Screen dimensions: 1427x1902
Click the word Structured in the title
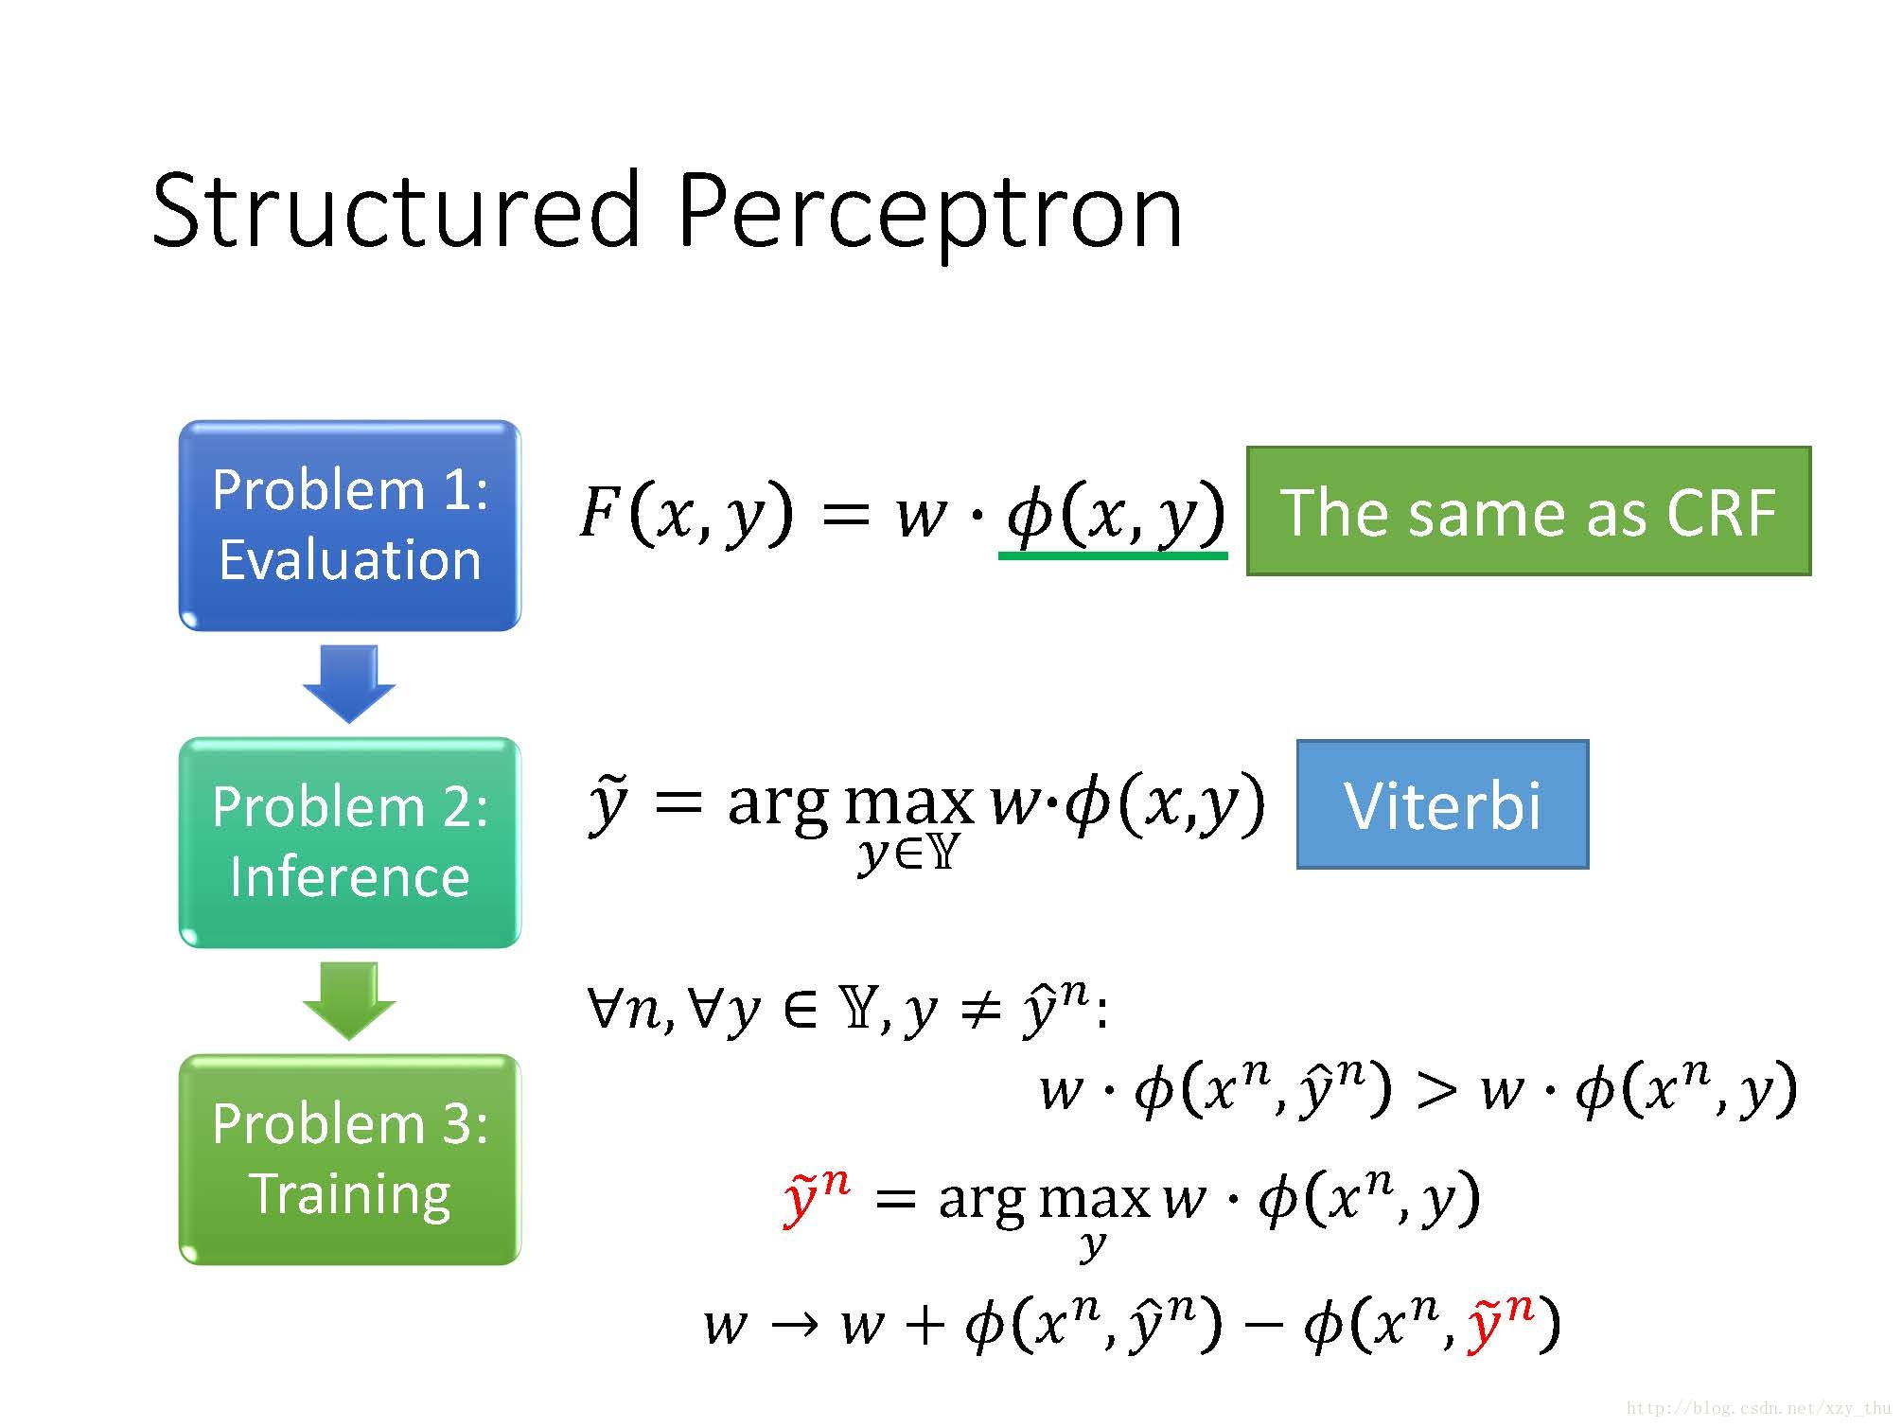[x=396, y=210]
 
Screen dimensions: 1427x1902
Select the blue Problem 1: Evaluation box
[x=349, y=525]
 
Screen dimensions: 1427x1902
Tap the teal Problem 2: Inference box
[x=349, y=842]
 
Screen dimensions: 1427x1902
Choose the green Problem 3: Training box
[x=349, y=1159]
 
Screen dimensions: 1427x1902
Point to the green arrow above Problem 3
[x=349, y=1001]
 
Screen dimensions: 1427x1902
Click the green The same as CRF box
[x=1527, y=511]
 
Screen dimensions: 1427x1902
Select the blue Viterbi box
[x=1441, y=804]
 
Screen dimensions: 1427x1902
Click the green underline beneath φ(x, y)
[x=1113, y=555]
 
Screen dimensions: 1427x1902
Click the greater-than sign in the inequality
[x=1435, y=1090]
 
